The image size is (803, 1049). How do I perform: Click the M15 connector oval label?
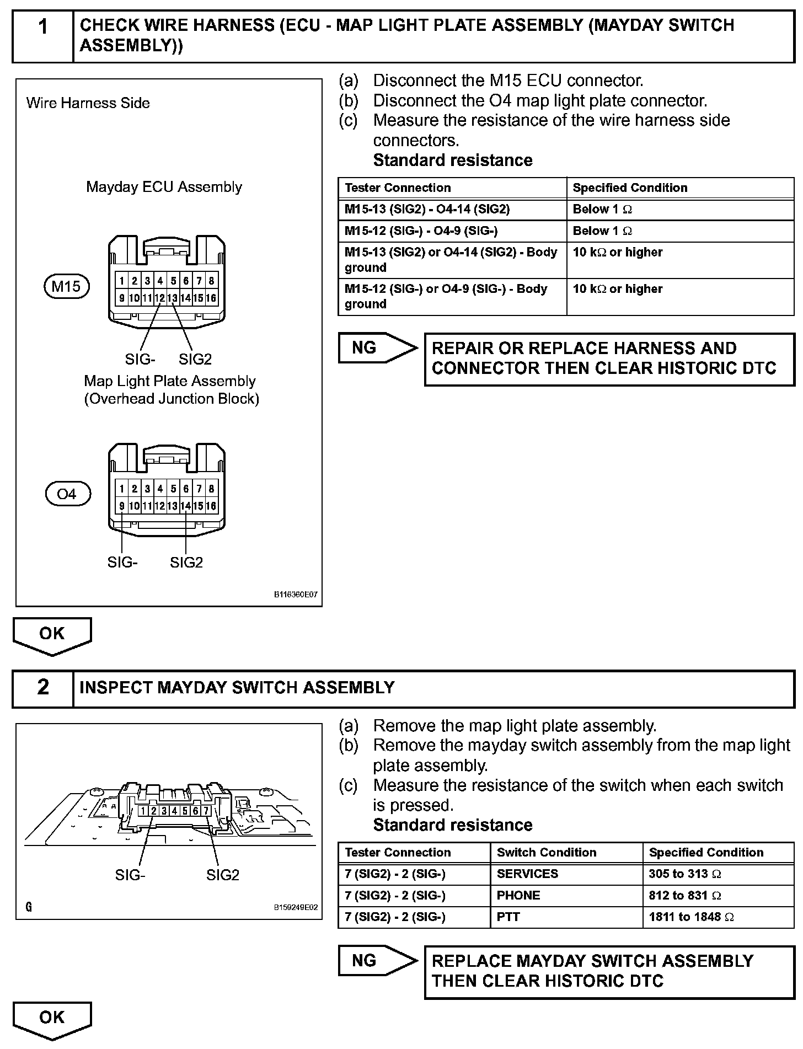[x=66, y=287]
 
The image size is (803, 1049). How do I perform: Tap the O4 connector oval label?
[x=67, y=494]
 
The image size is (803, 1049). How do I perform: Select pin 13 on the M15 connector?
[x=173, y=298]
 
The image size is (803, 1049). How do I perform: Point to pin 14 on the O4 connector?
[x=186, y=506]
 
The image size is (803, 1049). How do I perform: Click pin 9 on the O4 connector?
[x=121, y=506]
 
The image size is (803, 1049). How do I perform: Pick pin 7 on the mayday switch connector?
[x=206, y=811]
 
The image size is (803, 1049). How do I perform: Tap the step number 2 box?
[x=43, y=687]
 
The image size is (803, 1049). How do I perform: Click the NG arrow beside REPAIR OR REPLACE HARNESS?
[x=377, y=348]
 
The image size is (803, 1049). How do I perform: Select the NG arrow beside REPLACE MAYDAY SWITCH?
[x=377, y=961]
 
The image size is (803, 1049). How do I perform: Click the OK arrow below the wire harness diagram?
[x=52, y=635]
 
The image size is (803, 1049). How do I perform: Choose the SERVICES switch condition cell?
[x=566, y=874]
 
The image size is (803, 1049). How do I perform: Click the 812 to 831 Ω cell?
[x=718, y=896]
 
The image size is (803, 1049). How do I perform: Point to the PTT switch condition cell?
[x=566, y=917]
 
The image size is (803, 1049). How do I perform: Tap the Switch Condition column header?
[x=566, y=853]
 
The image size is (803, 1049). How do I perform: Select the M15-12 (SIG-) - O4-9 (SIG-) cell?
[x=452, y=231]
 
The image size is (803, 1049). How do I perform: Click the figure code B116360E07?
[x=296, y=595]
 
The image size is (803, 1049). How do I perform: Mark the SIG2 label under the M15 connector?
[x=195, y=360]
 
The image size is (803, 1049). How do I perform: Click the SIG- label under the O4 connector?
[x=122, y=563]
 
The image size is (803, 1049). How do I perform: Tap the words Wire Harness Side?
[x=88, y=103]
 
